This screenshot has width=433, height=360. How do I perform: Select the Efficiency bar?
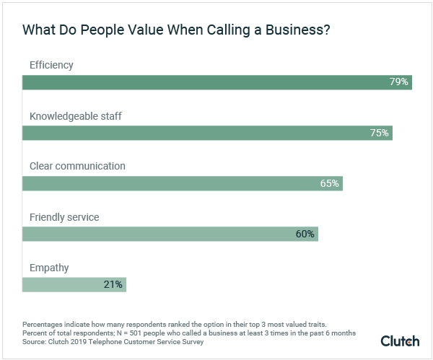[216, 82]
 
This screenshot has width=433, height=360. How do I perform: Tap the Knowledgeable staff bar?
[207, 133]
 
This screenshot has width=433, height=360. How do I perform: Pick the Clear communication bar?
[182, 183]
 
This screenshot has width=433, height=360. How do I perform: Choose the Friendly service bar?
[170, 234]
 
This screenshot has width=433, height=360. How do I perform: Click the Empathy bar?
[74, 284]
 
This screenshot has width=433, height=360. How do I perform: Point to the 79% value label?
[399, 82]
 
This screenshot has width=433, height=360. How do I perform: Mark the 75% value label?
[380, 133]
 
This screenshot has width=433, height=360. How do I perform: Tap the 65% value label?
[330, 183]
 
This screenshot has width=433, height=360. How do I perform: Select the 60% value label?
[305, 234]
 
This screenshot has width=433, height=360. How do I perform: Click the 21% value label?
[113, 284]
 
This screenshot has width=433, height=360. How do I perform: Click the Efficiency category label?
[51, 66]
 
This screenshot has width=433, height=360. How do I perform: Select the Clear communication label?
[77, 166]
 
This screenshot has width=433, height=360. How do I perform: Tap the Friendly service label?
[64, 217]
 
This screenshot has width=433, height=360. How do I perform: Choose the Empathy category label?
[49, 268]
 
